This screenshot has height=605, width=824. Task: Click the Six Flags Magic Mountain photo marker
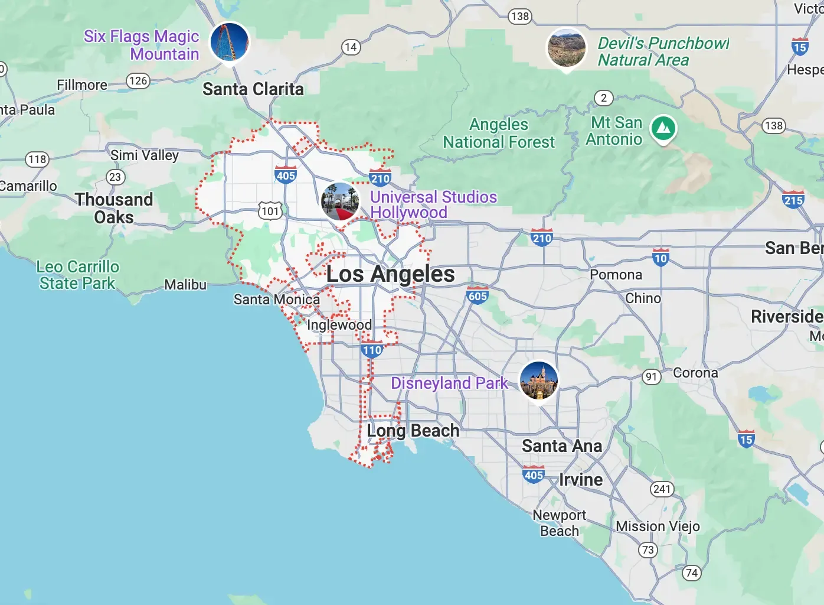[x=229, y=41]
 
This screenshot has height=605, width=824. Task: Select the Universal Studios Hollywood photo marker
[x=340, y=201]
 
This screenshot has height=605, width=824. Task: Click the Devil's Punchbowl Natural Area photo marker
[x=566, y=47]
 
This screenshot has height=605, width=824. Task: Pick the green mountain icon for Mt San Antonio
[x=663, y=128]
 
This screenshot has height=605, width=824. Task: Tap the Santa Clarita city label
[x=253, y=89]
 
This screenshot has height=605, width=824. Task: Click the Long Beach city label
[x=413, y=431]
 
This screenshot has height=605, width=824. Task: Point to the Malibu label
[x=185, y=285]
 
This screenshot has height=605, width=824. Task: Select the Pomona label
[x=616, y=275]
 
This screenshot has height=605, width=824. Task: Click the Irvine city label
[x=581, y=480]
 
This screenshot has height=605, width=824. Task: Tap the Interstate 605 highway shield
[x=478, y=295]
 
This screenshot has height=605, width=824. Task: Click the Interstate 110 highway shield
[x=372, y=349]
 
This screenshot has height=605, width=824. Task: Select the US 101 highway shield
[x=270, y=211]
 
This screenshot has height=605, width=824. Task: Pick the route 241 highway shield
[x=662, y=489]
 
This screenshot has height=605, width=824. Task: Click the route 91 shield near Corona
[x=651, y=376]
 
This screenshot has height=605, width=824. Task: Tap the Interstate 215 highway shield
[x=793, y=200]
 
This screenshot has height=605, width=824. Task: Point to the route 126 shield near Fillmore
[x=138, y=81]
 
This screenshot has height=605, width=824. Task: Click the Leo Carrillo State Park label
[x=77, y=275]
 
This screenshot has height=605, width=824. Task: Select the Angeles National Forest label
[x=499, y=134]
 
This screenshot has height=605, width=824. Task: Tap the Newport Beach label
[x=559, y=523]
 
